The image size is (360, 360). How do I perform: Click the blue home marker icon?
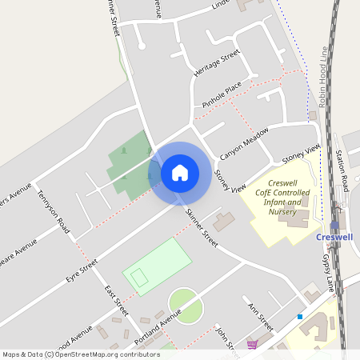point(180,173)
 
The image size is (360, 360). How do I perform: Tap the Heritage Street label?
point(217,63)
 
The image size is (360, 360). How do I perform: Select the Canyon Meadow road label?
point(245,143)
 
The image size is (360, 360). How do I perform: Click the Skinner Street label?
point(201,226)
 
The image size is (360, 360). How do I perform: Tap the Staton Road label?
point(342,170)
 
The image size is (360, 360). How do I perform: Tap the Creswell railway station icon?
point(334,226)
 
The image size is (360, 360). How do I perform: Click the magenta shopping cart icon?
point(253,345)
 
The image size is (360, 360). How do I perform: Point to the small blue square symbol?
point(300,317)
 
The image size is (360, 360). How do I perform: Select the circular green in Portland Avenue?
point(186,306)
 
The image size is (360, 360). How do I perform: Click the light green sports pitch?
point(158,266)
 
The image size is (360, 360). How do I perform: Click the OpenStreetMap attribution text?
point(82,354)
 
